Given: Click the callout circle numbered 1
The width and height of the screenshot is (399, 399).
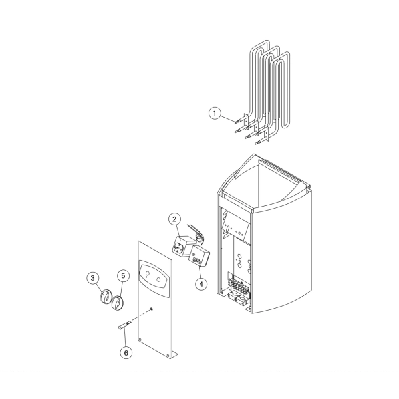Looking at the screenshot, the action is [x=215, y=113].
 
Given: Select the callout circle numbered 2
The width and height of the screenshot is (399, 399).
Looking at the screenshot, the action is [x=174, y=219].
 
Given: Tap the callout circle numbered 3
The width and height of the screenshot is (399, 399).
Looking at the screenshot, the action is [x=92, y=278].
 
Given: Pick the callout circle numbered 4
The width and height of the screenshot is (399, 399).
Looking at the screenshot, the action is [x=201, y=284].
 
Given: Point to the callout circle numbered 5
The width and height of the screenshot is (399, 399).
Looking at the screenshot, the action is [x=123, y=276].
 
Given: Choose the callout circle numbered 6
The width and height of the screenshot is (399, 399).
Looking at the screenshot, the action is [x=126, y=353].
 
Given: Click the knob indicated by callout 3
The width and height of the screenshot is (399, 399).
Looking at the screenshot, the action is [x=105, y=296].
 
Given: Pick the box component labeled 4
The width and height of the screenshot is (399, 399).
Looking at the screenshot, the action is [x=199, y=256].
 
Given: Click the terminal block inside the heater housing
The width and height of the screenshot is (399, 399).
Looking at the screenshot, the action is [x=238, y=285].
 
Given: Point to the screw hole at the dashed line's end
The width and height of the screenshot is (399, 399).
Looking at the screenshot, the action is [x=152, y=309].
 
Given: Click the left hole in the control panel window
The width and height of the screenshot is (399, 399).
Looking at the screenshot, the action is [x=147, y=274].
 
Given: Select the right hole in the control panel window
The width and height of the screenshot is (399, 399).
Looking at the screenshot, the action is [x=158, y=280].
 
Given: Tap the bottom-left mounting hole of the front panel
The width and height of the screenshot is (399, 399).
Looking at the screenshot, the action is [x=140, y=339].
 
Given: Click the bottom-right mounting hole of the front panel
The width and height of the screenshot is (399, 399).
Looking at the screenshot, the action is [x=168, y=356].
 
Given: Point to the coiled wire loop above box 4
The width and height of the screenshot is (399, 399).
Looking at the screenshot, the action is [x=199, y=237].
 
